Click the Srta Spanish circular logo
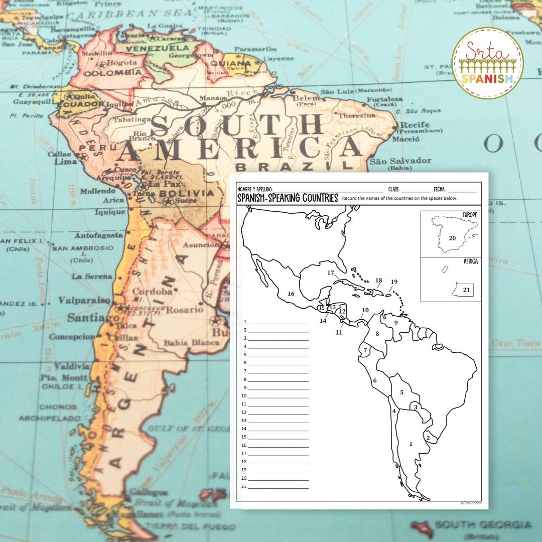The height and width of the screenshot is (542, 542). click(x=487, y=63)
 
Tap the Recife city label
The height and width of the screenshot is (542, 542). click(x=415, y=124)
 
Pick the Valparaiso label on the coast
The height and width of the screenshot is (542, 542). click(x=84, y=300)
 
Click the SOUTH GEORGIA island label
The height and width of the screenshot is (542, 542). click(x=482, y=525)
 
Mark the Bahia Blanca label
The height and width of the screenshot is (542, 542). click(x=191, y=343)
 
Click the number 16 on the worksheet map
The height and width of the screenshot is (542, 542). click(x=291, y=294)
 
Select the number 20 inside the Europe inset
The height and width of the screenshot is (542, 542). click(x=452, y=238)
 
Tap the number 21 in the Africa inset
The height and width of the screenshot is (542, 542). click(x=466, y=290)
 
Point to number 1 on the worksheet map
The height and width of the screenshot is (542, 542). click(x=411, y=444)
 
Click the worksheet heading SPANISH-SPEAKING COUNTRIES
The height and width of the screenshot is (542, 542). click(x=288, y=198)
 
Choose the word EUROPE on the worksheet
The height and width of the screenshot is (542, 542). click(x=469, y=215)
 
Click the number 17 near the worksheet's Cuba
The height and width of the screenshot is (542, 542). click(x=330, y=273)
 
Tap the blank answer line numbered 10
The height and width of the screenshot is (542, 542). click(x=279, y=396)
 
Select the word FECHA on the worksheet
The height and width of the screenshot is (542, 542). click(x=439, y=190)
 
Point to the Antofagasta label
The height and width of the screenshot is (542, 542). click(x=98, y=235)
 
